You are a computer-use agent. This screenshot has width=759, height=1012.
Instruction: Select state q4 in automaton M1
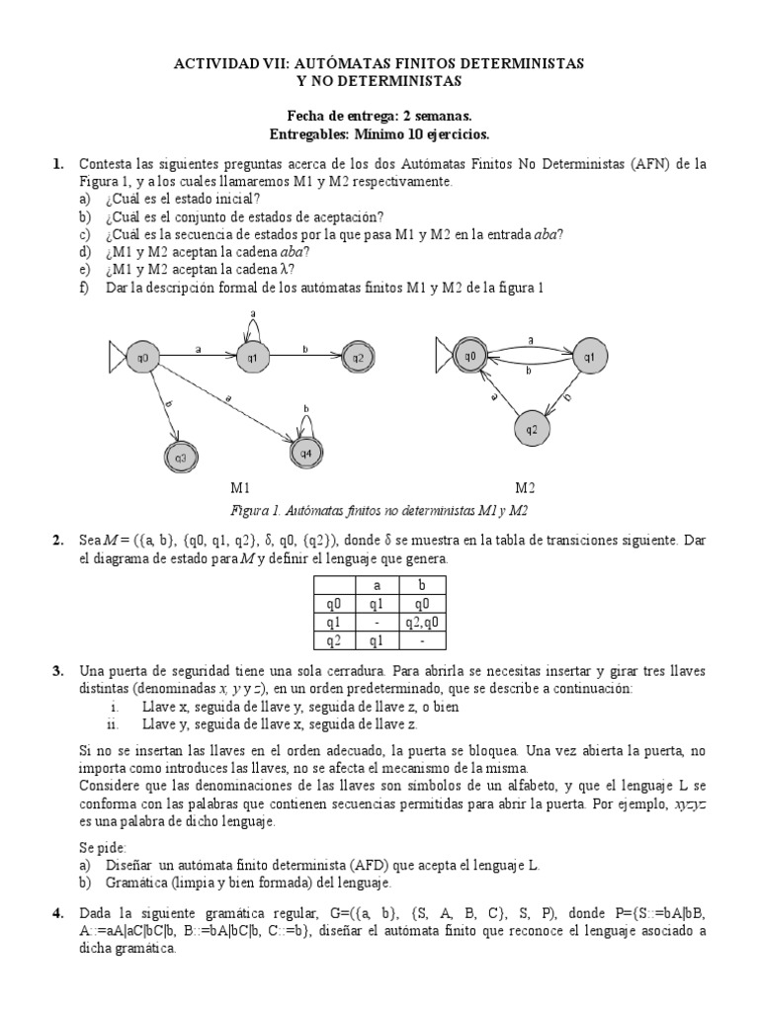(x=305, y=454)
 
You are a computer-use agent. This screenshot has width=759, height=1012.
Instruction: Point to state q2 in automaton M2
(x=531, y=429)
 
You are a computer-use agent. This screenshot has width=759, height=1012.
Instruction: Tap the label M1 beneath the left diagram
(x=241, y=488)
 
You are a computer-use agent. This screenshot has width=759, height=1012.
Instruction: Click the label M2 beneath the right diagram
(x=525, y=488)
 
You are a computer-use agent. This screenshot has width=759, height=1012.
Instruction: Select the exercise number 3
(x=58, y=671)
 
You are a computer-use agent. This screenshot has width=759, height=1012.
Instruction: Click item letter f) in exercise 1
(x=86, y=288)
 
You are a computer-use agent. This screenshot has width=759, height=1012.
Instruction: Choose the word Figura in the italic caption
(x=249, y=510)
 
